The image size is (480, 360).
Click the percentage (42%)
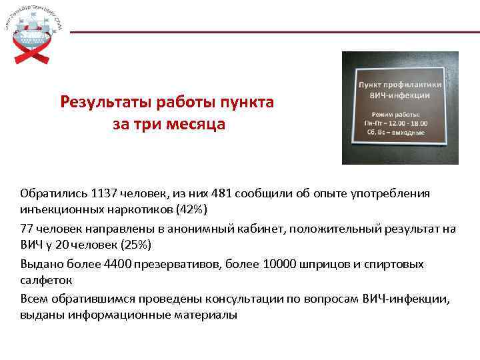tap(192, 210)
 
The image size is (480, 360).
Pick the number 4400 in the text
tap(117, 263)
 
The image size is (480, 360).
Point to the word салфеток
tap(46, 280)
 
